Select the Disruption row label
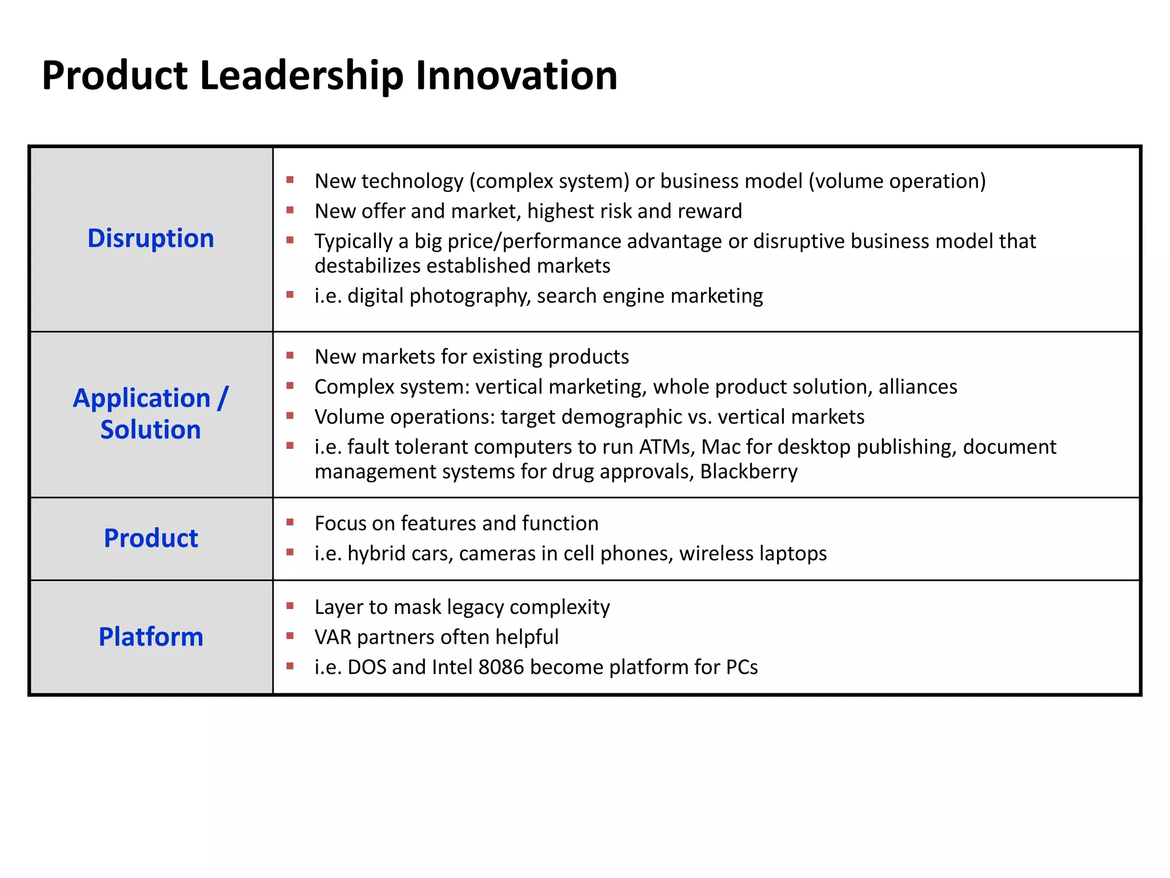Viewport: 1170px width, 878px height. tap(151, 238)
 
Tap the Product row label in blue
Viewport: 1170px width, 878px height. tap(151, 538)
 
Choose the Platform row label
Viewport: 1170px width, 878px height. tap(151, 637)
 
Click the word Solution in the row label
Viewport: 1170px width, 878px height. tap(151, 430)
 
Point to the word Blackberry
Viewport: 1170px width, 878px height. tap(748, 472)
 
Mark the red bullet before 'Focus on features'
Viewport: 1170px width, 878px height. tap(290, 522)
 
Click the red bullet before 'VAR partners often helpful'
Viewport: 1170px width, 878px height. tap(290, 636)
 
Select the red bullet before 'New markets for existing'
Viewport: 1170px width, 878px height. tap(290, 356)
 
